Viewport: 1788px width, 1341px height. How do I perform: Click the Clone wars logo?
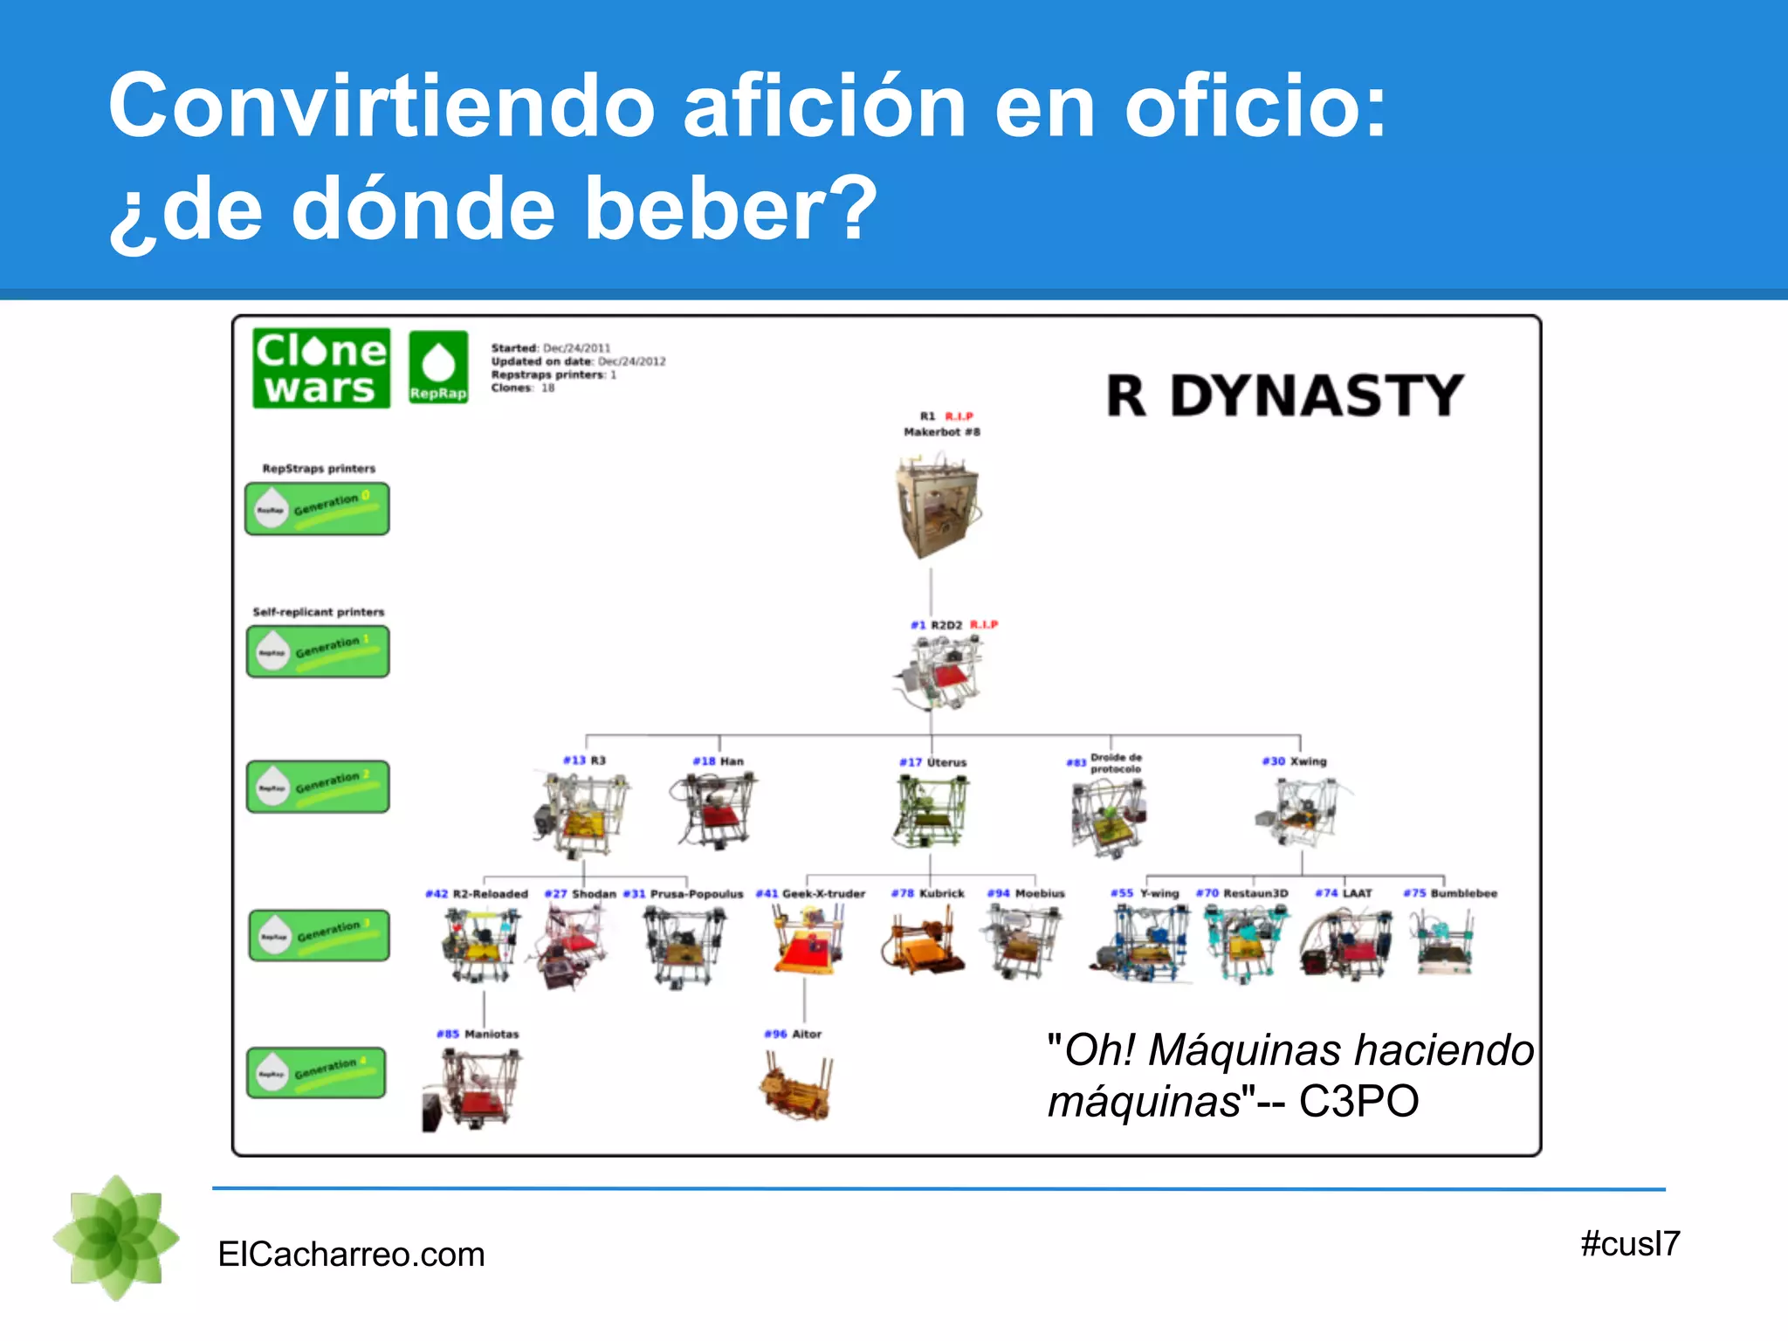(x=320, y=368)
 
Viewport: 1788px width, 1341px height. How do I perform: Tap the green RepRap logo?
(x=438, y=367)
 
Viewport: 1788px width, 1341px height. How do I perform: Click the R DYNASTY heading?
(x=1284, y=395)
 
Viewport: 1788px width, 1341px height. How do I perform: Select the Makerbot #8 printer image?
(x=936, y=506)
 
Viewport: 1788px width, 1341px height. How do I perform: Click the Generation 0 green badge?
(x=317, y=508)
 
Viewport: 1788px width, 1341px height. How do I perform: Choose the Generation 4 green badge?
(x=317, y=1072)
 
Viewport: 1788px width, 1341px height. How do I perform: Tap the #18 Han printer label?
(x=718, y=761)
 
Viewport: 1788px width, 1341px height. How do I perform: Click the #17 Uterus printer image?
(x=931, y=812)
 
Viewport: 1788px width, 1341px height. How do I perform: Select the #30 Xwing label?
(x=1294, y=761)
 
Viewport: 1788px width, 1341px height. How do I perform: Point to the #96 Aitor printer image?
(x=795, y=1087)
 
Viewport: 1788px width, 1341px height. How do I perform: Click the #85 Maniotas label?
(x=478, y=1034)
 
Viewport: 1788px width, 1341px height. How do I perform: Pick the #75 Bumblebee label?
(x=1449, y=893)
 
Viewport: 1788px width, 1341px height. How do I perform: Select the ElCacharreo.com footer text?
(x=351, y=1255)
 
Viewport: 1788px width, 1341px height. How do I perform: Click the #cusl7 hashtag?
(x=1629, y=1244)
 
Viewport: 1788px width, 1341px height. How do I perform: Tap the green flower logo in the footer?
(x=116, y=1237)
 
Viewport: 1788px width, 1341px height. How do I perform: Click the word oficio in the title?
(x=1254, y=107)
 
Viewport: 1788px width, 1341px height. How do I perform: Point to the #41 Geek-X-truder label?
(x=810, y=894)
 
